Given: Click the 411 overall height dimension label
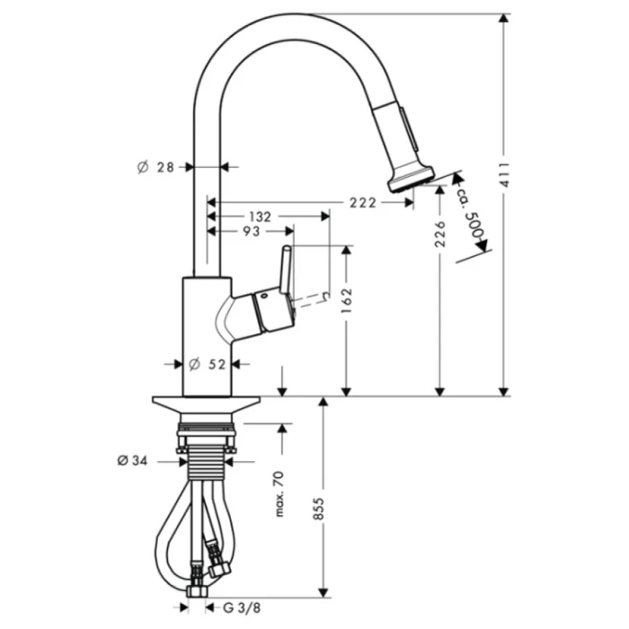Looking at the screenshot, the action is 504,174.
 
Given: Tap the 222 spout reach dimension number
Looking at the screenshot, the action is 363,203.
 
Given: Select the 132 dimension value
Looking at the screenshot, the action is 261,217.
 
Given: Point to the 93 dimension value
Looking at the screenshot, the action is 252,232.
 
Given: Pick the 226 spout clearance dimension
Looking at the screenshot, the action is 440,234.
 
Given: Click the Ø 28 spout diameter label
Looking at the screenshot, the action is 155,167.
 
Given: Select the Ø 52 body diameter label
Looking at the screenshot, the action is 207,364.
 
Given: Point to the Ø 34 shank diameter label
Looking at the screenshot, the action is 132,461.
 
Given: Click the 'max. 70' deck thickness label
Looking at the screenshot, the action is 279,494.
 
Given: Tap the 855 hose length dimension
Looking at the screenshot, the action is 318,509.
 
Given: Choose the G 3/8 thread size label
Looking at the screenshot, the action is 242,607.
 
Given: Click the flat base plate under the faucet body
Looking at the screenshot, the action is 206,404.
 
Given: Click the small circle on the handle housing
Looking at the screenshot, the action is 264,297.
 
